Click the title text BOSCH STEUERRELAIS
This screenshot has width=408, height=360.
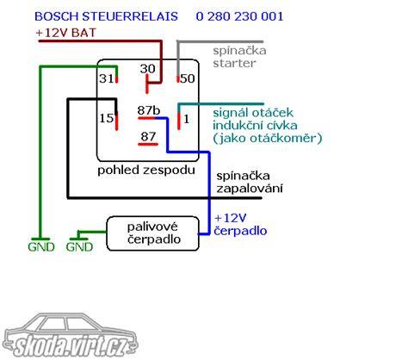click(106, 16)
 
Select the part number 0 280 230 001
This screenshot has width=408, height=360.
click(239, 16)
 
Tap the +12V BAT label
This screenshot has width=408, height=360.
click(65, 33)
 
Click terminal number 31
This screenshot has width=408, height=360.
click(106, 78)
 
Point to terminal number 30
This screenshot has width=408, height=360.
click(147, 69)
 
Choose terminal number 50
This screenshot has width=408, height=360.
click(188, 78)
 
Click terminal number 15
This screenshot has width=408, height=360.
click(106, 118)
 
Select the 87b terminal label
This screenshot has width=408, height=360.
click(149, 110)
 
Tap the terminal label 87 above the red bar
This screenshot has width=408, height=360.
click(148, 136)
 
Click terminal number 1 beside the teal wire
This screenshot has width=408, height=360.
click(187, 119)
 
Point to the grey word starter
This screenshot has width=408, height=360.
click(234, 63)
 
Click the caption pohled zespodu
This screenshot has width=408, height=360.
click(146, 170)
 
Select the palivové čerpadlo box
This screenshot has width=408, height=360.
click(152, 233)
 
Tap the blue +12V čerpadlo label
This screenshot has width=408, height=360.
click(240, 224)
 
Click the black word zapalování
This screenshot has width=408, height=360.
click(250, 189)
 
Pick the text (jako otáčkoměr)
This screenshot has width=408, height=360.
click(268, 139)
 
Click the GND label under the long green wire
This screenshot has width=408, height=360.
click(41, 247)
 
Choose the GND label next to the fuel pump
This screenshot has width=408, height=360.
click(79, 247)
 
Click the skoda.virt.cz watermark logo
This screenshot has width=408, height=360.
click(71, 336)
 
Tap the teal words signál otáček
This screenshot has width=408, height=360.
click(253, 113)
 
